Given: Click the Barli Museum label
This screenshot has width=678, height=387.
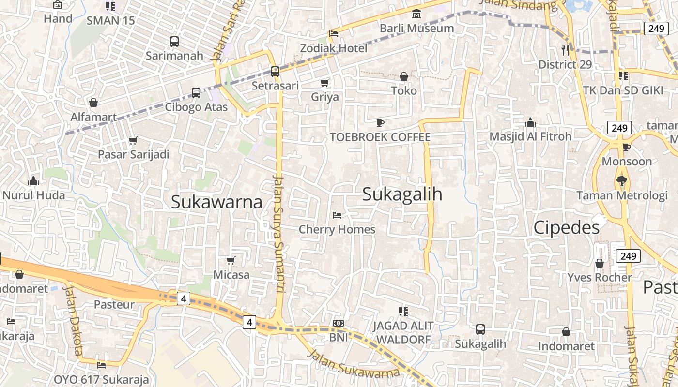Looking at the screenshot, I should [x=416, y=28].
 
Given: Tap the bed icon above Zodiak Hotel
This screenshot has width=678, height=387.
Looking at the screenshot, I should [x=334, y=34].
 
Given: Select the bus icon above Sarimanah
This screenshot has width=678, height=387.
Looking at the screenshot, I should [x=174, y=42].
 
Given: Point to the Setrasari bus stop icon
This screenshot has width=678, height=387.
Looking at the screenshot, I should [x=275, y=72].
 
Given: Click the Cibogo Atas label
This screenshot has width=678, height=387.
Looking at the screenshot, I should [x=196, y=107].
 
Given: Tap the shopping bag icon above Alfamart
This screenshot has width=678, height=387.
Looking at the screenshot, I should [x=93, y=103].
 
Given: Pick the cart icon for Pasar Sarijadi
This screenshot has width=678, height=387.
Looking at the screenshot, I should [x=133, y=141].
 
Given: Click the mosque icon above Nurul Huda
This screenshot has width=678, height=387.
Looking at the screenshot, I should [x=33, y=181].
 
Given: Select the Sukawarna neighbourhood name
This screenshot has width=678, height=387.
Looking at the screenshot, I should [x=216, y=202].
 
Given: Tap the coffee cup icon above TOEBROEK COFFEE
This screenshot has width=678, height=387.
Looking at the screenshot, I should [x=380, y=123].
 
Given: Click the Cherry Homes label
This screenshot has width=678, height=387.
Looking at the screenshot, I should [x=337, y=229].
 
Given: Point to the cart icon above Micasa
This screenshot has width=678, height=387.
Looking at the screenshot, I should [x=231, y=261].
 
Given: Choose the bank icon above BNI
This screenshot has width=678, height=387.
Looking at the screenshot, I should [x=339, y=323].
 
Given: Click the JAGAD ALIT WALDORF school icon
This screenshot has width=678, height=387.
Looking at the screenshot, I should [x=403, y=311].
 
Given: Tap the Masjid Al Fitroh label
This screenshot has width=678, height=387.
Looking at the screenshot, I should [x=530, y=136].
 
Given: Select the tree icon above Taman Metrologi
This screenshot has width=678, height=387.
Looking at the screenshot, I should [x=621, y=181].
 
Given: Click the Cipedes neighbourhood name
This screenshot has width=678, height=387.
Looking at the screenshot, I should [x=566, y=228].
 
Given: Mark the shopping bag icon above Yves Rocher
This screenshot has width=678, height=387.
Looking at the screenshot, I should [x=600, y=263].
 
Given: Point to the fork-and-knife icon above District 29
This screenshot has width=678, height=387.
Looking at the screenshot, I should [x=565, y=49].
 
